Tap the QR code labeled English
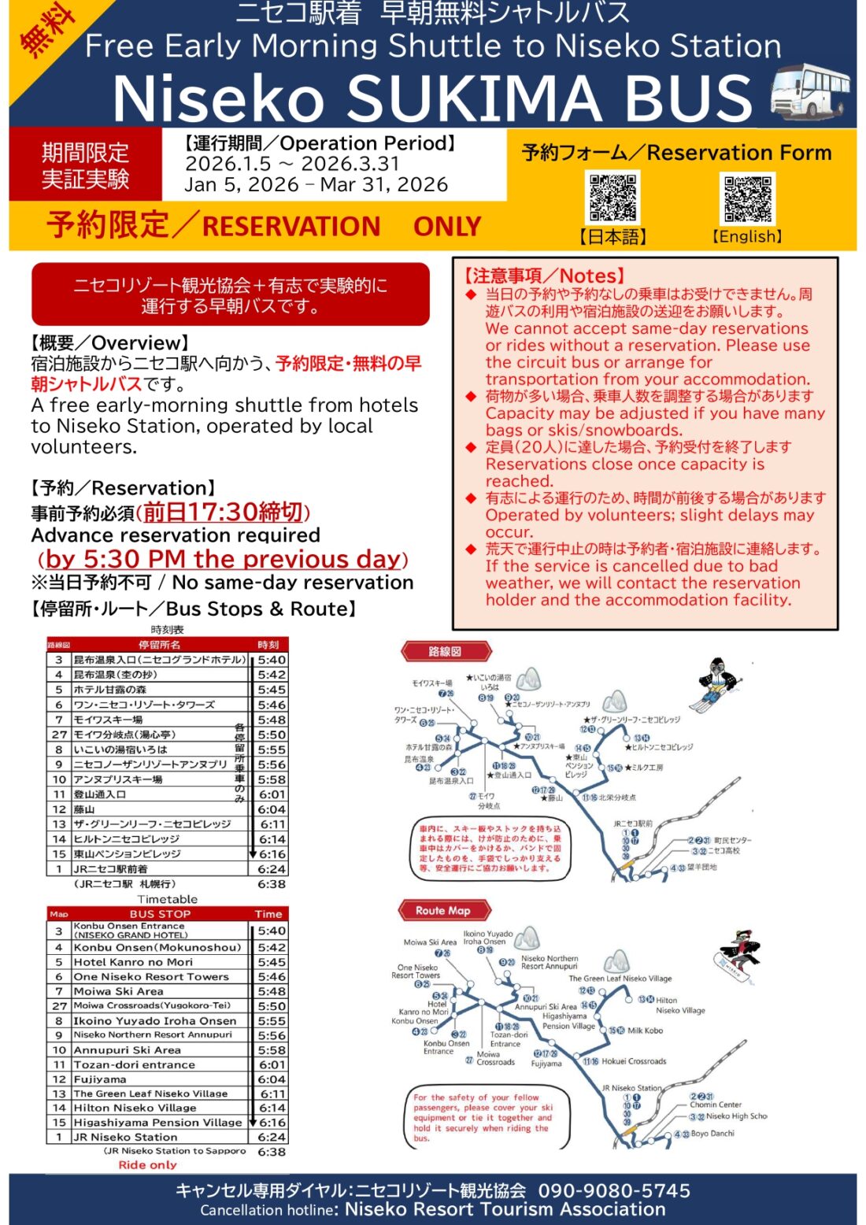[x=747, y=198]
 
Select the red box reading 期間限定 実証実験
[x=85, y=165]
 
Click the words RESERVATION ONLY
[x=341, y=227]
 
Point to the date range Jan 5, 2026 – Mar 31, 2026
[x=316, y=185]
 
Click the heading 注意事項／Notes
[x=543, y=276]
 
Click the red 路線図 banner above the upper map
[x=446, y=651]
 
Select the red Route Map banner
[x=443, y=910]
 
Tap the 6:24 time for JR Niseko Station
[x=271, y=1137]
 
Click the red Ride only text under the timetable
[x=147, y=1164]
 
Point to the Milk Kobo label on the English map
[x=645, y=1030]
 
